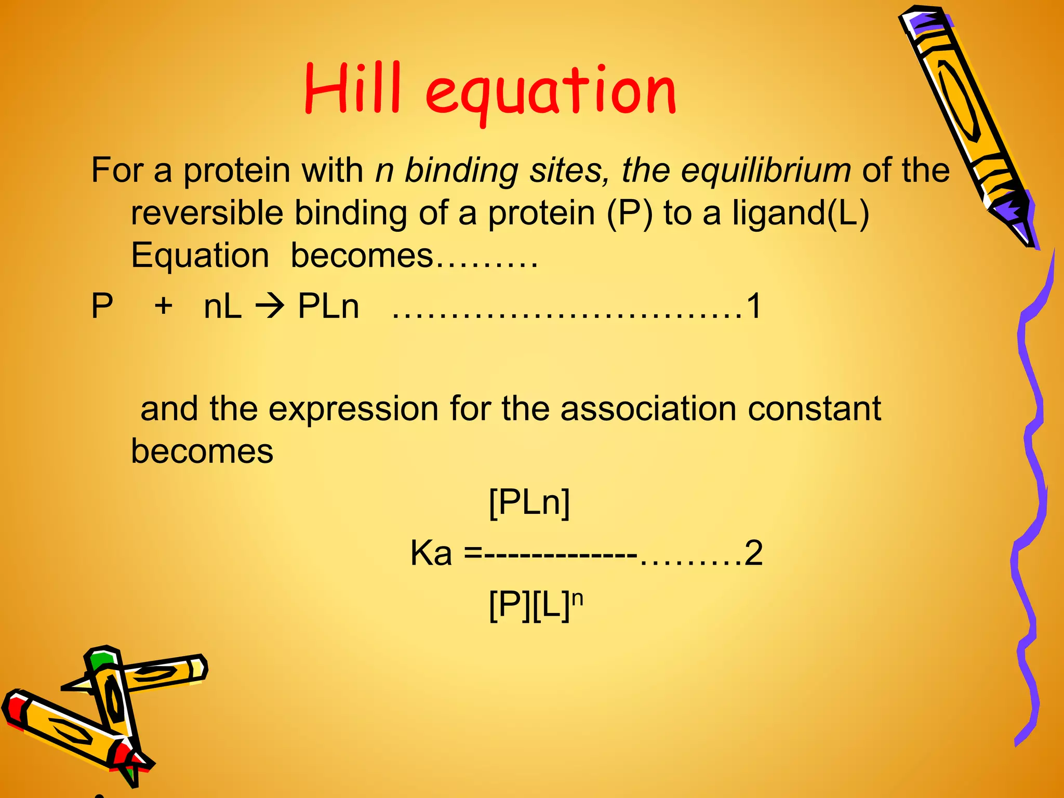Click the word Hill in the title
pos(352,88)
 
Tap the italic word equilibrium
pos(766,170)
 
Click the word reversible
pos(207,213)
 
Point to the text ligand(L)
pos(801,213)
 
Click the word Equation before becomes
pos(200,256)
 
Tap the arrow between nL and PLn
pos(270,307)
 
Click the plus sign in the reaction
pos(163,305)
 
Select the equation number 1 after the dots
pos(753,305)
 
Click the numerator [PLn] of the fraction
pos(529,502)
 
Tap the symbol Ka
pos(431,553)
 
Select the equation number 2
pos(753,553)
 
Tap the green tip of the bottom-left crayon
pos(99,661)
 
